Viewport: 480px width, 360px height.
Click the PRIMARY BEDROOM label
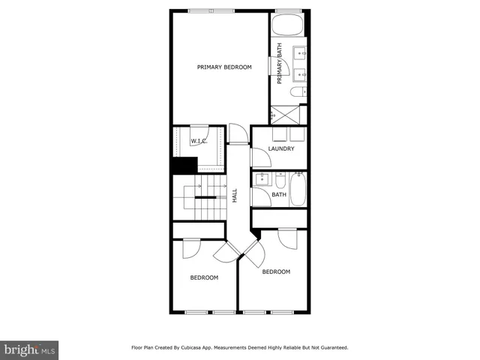224,67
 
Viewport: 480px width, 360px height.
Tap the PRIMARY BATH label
280,64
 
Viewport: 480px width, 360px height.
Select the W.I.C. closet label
198,141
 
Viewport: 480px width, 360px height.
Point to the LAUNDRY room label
280,148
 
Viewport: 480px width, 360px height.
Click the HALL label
235,195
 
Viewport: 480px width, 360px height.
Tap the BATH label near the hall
279,195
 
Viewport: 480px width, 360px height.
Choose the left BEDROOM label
204,277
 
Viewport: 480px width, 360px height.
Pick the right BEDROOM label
276,271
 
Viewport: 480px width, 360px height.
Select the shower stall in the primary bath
285,115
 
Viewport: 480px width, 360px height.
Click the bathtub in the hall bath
298,189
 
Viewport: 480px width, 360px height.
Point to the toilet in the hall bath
280,181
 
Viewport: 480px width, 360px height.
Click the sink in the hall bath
262,181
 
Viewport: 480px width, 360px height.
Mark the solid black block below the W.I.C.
183,165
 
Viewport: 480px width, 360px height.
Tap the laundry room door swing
259,157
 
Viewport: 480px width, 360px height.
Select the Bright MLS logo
30,349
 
